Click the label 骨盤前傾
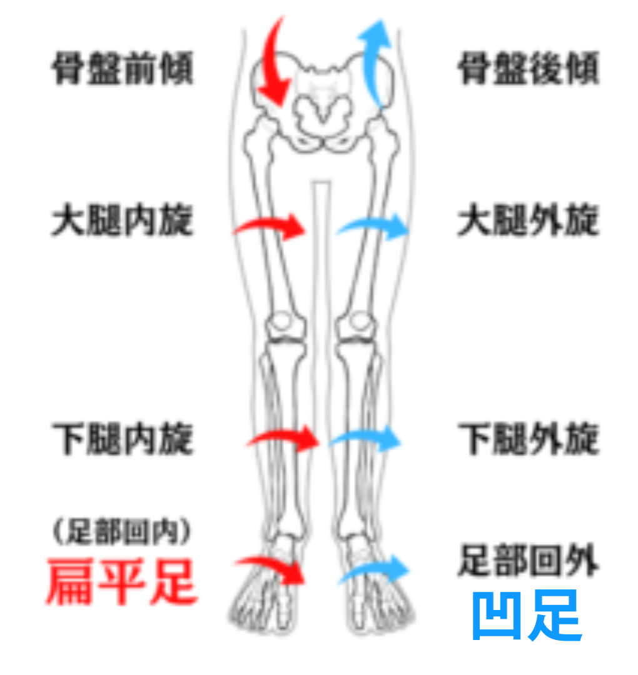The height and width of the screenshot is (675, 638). (x=123, y=69)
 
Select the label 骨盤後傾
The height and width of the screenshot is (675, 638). (x=529, y=69)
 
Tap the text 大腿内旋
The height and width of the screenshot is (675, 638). (x=123, y=222)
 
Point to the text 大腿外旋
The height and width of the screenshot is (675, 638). (x=529, y=222)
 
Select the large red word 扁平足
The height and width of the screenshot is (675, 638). (x=123, y=581)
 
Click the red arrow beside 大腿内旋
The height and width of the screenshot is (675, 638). (x=272, y=226)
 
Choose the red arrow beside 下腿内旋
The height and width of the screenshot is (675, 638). (x=285, y=439)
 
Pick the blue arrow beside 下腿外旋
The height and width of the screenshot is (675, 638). (x=366, y=439)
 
